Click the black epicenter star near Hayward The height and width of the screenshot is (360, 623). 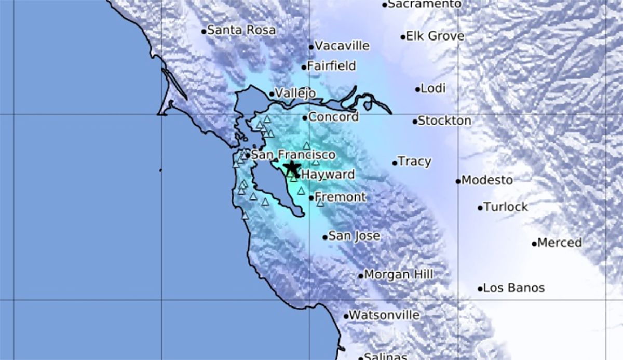click(292, 167)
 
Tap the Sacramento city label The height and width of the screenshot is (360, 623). click(425, 4)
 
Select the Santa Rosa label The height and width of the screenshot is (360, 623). click(241, 30)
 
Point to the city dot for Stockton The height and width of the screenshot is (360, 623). click(415, 122)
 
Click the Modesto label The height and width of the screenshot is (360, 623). click(487, 180)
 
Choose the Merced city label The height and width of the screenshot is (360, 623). click(560, 243)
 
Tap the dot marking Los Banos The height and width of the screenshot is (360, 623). click(480, 288)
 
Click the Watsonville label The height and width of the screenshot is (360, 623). click(384, 315)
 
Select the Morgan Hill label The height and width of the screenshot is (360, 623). click(399, 274)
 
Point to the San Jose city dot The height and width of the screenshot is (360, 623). click(325, 237)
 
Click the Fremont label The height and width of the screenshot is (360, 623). click(341, 197)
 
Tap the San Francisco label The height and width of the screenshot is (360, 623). click(290, 155)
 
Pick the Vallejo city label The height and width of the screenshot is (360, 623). click(295, 94)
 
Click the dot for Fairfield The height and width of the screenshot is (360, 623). click(304, 67)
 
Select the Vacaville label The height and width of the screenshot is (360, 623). click(342, 46)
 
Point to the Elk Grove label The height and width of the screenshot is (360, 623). click(435, 36)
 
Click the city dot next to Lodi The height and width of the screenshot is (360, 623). click(417, 89)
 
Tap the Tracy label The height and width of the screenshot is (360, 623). click(414, 162)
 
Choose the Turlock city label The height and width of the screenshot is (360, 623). click(506, 207)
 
